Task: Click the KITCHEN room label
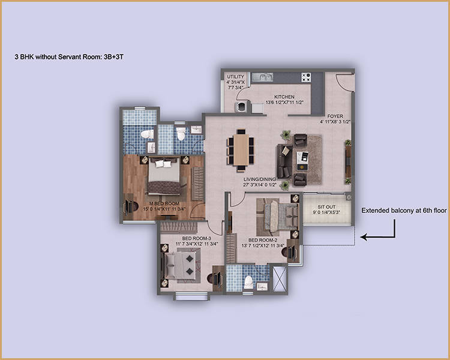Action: (x=284, y=97)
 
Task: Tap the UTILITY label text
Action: (x=236, y=77)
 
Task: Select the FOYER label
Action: (x=335, y=116)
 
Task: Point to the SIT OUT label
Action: (x=326, y=207)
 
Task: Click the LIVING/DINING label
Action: (x=260, y=179)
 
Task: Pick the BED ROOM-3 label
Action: (x=197, y=238)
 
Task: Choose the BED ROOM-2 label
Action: (x=263, y=240)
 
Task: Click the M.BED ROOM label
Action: (x=164, y=203)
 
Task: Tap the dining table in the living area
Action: (x=241, y=150)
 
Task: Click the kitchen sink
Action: (x=262, y=77)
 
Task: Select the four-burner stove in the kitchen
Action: (x=306, y=77)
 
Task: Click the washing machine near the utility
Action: (x=241, y=107)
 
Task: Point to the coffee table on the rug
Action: (x=302, y=161)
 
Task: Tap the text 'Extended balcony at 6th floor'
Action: (x=404, y=211)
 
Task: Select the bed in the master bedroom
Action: (x=164, y=176)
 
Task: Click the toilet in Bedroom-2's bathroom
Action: (x=248, y=282)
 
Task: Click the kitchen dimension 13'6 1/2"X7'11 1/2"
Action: (x=284, y=102)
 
